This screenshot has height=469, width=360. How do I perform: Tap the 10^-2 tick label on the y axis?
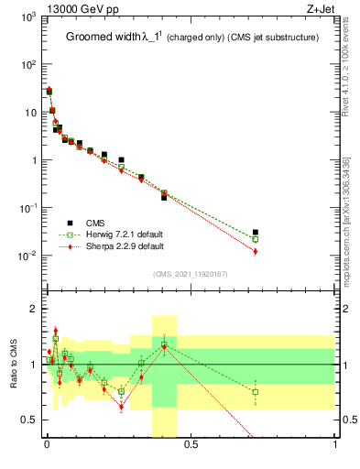[27, 256]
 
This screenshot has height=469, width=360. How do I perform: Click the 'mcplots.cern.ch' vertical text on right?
[352, 220]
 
